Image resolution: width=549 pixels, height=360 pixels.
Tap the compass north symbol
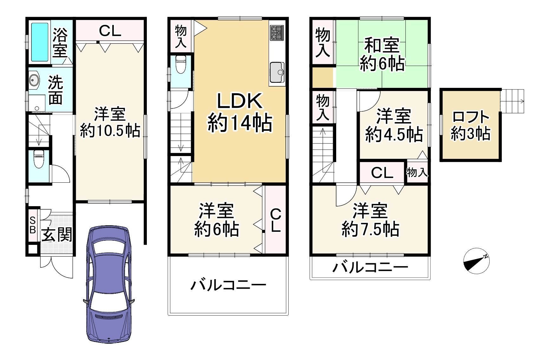(476, 261)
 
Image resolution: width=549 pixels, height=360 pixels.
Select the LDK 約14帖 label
(240, 112)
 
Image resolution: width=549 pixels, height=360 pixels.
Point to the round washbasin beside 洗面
(34, 80)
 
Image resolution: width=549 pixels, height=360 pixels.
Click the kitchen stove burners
(277, 33)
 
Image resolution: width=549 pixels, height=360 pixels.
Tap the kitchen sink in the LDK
(277, 73)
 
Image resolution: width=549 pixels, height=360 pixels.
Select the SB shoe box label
(32, 225)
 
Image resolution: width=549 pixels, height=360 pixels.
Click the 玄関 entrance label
(57, 235)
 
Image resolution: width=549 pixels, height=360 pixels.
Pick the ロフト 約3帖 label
(471, 125)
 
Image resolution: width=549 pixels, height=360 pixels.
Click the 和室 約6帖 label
(382, 55)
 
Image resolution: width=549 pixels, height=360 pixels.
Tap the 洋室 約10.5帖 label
(110, 122)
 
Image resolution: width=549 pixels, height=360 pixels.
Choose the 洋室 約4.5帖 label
(394, 125)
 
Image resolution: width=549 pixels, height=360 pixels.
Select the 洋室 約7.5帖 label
(370, 220)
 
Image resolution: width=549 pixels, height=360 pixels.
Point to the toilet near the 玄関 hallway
(38, 159)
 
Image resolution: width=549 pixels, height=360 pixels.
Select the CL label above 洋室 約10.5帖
(110, 31)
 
